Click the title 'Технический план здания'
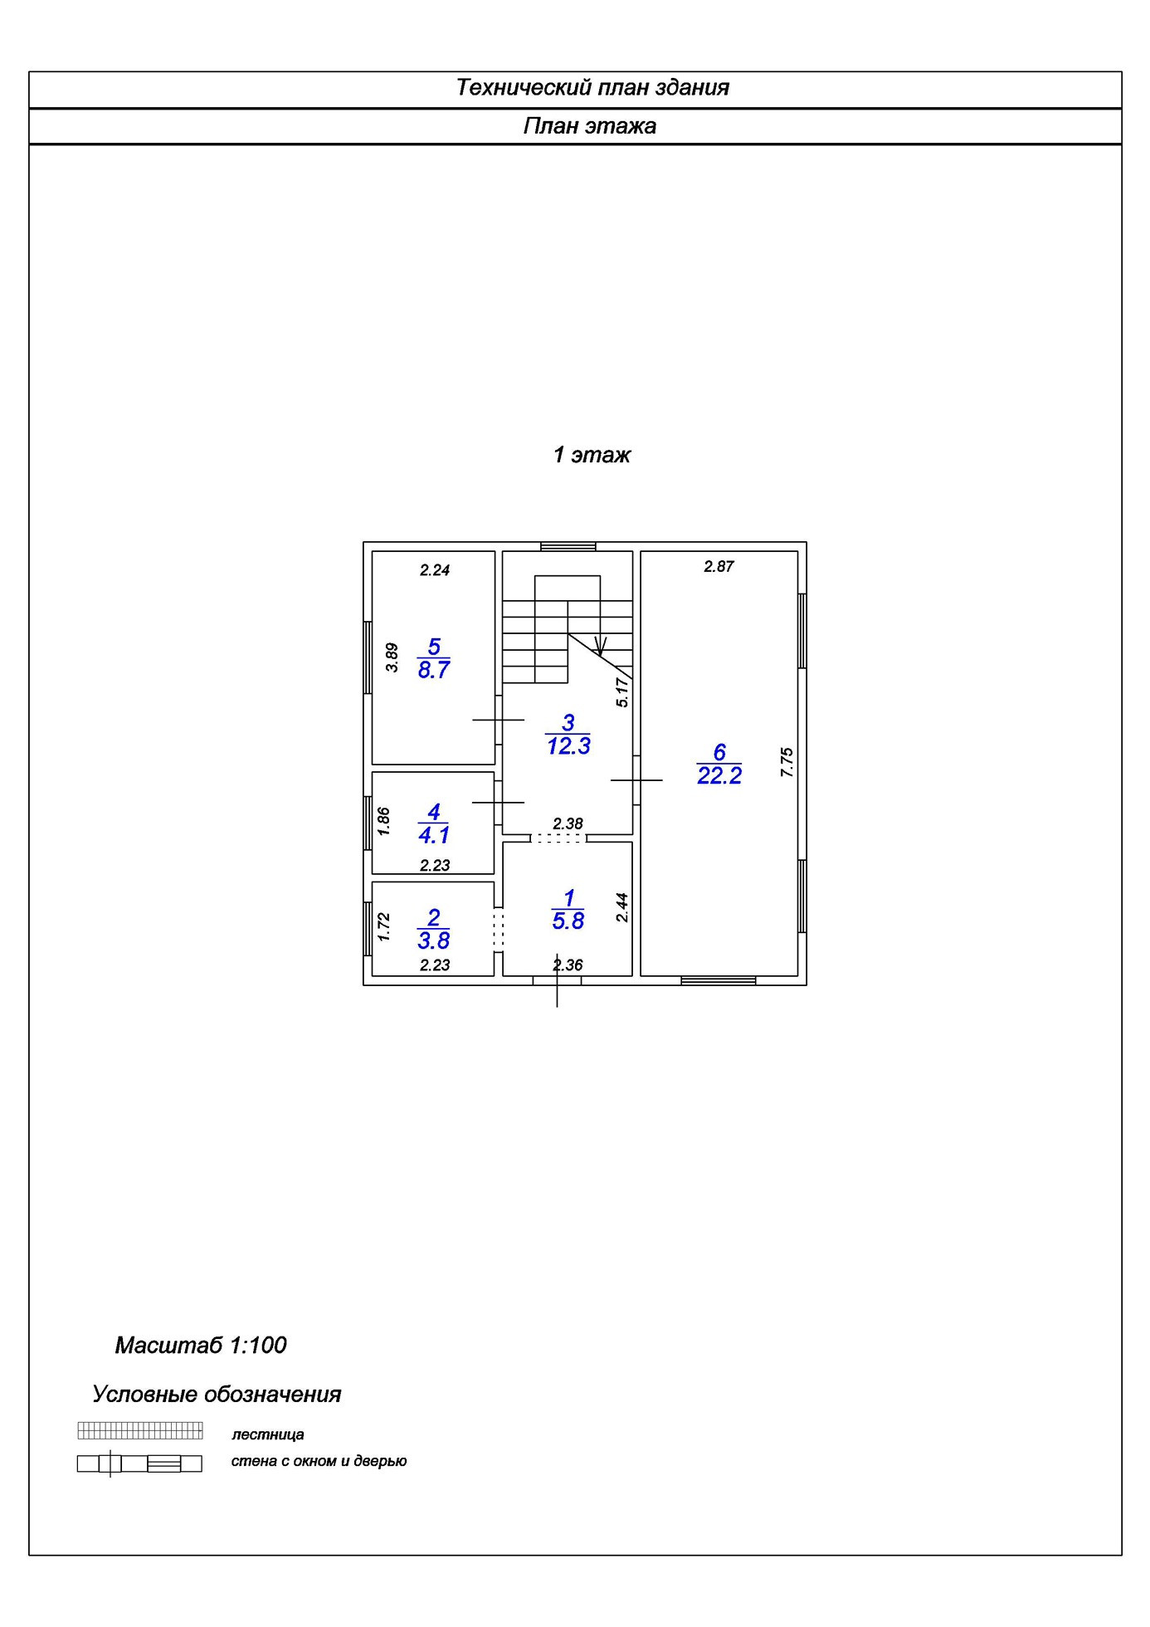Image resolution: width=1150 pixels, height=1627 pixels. [x=592, y=88]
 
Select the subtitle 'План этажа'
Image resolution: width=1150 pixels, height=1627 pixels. [x=590, y=126]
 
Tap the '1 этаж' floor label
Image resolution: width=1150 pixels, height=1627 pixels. [x=592, y=455]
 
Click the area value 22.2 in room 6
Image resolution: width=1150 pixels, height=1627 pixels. [x=719, y=776]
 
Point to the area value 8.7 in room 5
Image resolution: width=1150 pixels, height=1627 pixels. [x=434, y=670]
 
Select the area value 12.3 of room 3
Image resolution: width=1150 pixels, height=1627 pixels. [x=568, y=746]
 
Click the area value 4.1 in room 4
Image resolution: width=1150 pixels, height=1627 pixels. [x=434, y=835]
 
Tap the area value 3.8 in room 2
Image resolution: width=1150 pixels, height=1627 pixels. [x=434, y=941]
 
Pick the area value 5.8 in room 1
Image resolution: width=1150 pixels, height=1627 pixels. [x=568, y=921]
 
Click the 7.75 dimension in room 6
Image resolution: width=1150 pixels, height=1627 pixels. [x=787, y=762]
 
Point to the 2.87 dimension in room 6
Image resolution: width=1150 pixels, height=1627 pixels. [x=719, y=567]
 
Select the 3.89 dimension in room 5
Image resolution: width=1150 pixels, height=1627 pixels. [x=392, y=657]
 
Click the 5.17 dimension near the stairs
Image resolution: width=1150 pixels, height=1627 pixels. [x=623, y=692]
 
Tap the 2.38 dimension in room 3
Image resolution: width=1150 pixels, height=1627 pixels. [x=568, y=824]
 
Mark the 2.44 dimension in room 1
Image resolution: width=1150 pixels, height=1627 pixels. [x=622, y=907]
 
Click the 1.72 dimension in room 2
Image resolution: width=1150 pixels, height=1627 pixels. [x=383, y=927]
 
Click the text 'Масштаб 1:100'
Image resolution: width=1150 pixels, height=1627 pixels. [x=201, y=1346]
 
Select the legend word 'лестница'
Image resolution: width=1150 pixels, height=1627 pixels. [x=268, y=1434]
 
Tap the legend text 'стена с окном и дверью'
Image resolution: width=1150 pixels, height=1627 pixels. [x=319, y=1461]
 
